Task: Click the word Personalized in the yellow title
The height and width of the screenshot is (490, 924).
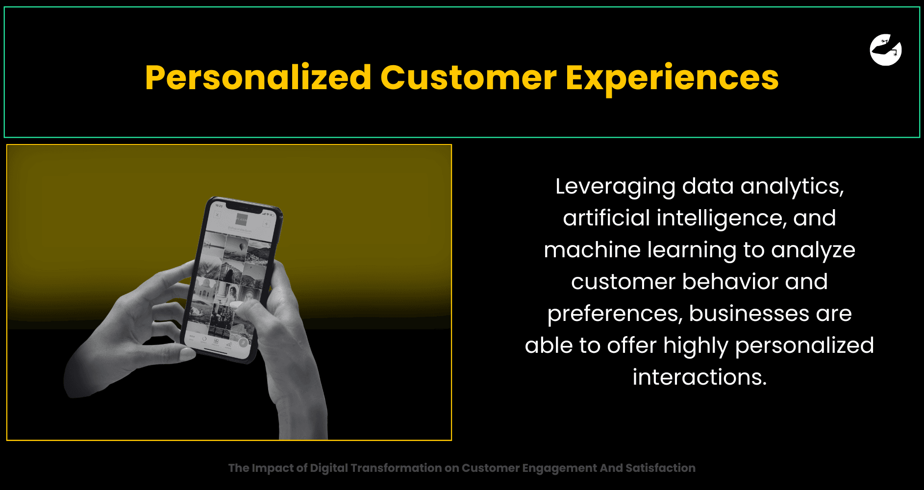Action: pyautogui.click(x=258, y=78)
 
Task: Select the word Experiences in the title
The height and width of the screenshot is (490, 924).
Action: pyautogui.click(x=672, y=78)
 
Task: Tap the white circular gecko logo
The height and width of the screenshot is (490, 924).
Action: pyautogui.click(x=886, y=49)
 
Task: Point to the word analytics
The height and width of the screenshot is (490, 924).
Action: pyautogui.click(x=792, y=187)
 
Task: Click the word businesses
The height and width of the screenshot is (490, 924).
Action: pyautogui.click(x=749, y=314)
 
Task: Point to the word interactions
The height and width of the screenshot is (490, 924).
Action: pyautogui.click(x=699, y=377)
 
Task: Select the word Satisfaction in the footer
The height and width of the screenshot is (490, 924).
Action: pyautogui.click(x=660, y=468)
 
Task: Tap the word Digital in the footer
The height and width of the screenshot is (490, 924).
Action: pyautogui.click(x=329, y=468)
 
